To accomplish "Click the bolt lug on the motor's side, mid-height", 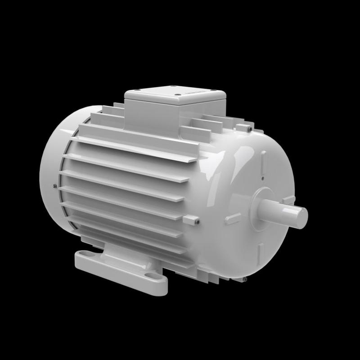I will click(x=192, y=220).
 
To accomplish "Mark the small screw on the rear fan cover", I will click(x=54, y=184).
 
